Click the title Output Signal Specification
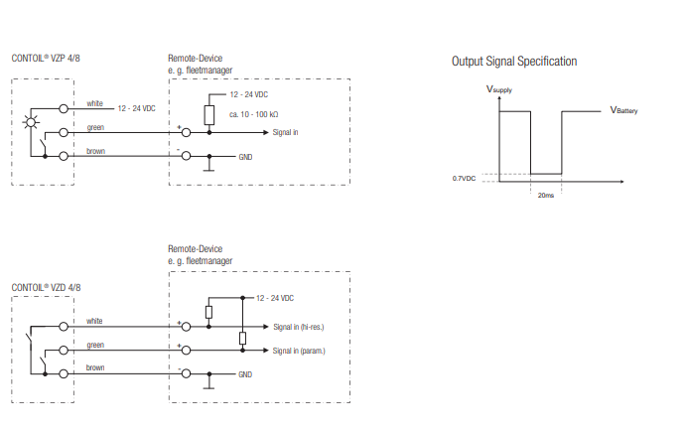coord(513,62)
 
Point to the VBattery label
coord(623,110)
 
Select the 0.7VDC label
coord(464,178)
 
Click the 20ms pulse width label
coord(545,196)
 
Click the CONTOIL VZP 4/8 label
coord(46,59)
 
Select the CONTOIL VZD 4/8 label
coord(46,286)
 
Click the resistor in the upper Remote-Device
coord(209,115)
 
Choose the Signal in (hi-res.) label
coord(300,326)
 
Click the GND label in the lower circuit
coord(245,374)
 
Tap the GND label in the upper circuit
coord(245,157)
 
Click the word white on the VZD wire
coord(94,321)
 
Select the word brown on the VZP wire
coord(95,151)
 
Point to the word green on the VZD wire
coord(95,345)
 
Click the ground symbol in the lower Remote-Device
coord(209,385)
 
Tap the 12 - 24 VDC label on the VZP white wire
coord(137,107)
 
